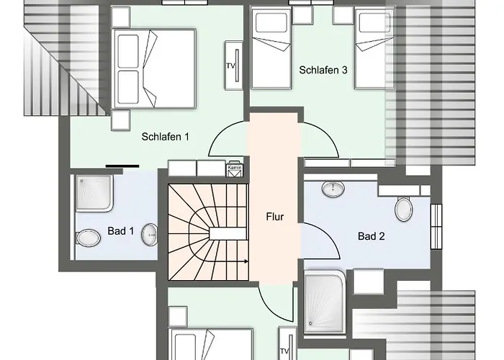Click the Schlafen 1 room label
166,136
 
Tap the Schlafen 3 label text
324,70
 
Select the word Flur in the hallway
274,215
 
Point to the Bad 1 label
120,231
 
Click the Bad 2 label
372,235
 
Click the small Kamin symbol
234,169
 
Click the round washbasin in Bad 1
150,233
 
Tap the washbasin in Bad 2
333,189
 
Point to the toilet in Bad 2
403,209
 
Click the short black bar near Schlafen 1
122,166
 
